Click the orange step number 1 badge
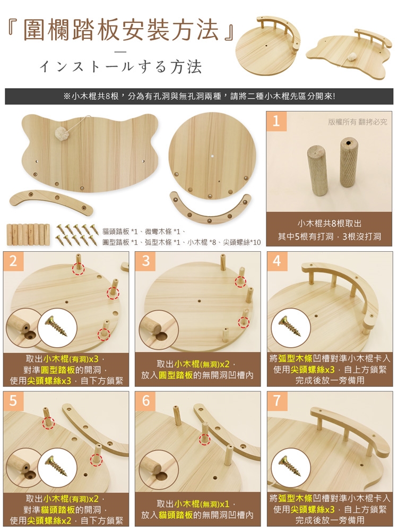(x=276, y=121)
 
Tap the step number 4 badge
(x=276, y=261)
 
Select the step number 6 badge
(x=145, y=401)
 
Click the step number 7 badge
(x=276, y=401)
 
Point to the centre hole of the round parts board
(x=212, y=156)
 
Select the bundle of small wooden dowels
(x=28, y=234)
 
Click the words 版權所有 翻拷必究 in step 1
(x=358, y=122)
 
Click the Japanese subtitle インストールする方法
(x=120, y=67)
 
